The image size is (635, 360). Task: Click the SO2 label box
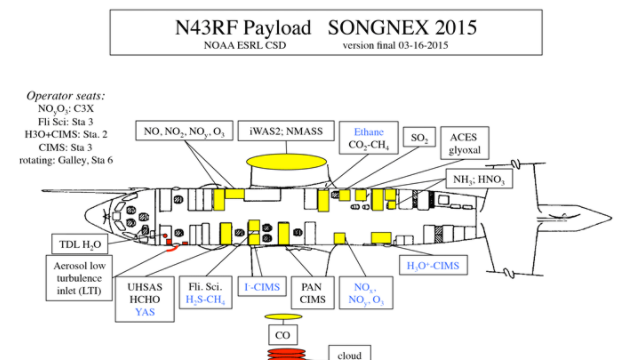[419, 137]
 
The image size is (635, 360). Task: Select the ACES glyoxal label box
[465, 143]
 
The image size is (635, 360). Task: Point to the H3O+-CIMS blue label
[433, 266]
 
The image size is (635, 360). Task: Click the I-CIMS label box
[262, 287]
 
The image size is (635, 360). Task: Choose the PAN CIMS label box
[313, 293]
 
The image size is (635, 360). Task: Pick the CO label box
[283, 335]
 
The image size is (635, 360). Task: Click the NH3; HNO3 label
[479, 179]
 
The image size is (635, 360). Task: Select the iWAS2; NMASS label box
[286, 131]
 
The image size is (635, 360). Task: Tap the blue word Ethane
[369, 132]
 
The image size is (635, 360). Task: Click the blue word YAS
[145, 312]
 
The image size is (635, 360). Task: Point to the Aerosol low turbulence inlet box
[79, 278]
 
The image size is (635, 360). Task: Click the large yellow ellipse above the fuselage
[286, 162]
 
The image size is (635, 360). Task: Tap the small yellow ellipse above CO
[283, 317]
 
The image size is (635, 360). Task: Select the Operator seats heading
[66, 96]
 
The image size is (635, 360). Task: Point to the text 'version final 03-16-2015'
[395, 45]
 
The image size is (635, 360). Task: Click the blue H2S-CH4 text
[205, 300]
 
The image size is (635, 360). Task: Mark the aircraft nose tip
[85, 215]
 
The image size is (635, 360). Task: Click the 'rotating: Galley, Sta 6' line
[66, 160]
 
